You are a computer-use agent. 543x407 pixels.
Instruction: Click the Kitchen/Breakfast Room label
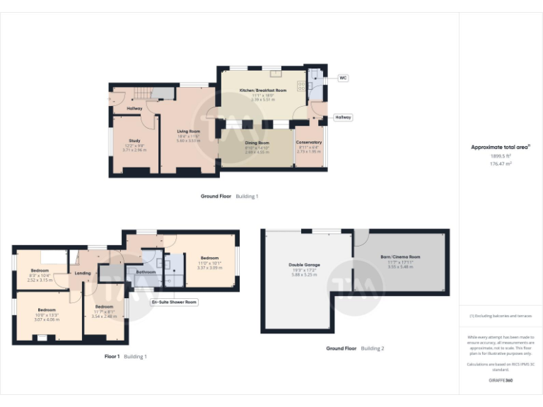(x=262, y=91)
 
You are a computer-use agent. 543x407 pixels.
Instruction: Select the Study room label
(x=134, y=141)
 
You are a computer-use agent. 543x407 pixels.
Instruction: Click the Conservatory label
(x=309, y=143)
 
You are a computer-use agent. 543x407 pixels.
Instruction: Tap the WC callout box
(x=343, y=78)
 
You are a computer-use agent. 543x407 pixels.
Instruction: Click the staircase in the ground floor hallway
(x=144, y=94)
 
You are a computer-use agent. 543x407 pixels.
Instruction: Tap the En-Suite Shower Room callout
(x=175, y=302)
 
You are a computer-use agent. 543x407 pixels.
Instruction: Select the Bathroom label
(x=146, y=271)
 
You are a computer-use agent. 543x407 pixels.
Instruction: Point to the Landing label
(x=83, y=273)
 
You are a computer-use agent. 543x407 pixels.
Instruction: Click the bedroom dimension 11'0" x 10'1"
(x=209, y=263)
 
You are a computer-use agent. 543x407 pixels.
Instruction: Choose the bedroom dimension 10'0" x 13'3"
(x=47, y=315)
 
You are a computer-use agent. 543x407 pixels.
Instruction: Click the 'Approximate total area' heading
(x=500, y=147)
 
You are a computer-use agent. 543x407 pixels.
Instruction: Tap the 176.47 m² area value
(x=501, y=163)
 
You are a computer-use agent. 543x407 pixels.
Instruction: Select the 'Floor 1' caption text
(x=112, y=357)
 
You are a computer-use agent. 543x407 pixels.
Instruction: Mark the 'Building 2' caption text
(x=373, y=348)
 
